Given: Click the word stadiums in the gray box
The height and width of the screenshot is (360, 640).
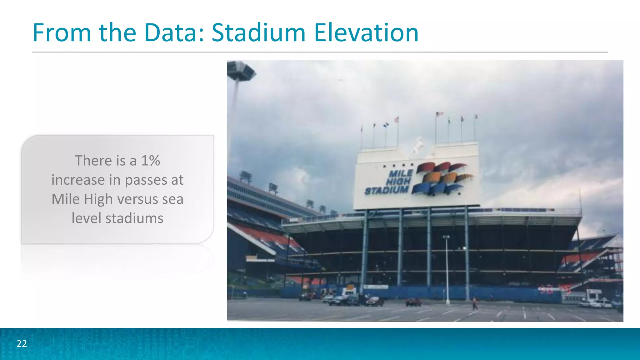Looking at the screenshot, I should pos(134,218).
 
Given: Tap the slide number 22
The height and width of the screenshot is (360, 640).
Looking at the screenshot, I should pos(22,344).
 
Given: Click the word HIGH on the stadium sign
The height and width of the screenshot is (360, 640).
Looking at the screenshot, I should pos(398,182).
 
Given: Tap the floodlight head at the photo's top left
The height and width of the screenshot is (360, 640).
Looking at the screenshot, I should pos(241,70).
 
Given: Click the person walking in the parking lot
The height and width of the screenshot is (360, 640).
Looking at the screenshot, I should pos(475,303).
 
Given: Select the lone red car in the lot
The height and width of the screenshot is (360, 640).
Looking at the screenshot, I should pos(413,302).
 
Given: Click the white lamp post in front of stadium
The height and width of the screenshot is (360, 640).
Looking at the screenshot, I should pos(447,269).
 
